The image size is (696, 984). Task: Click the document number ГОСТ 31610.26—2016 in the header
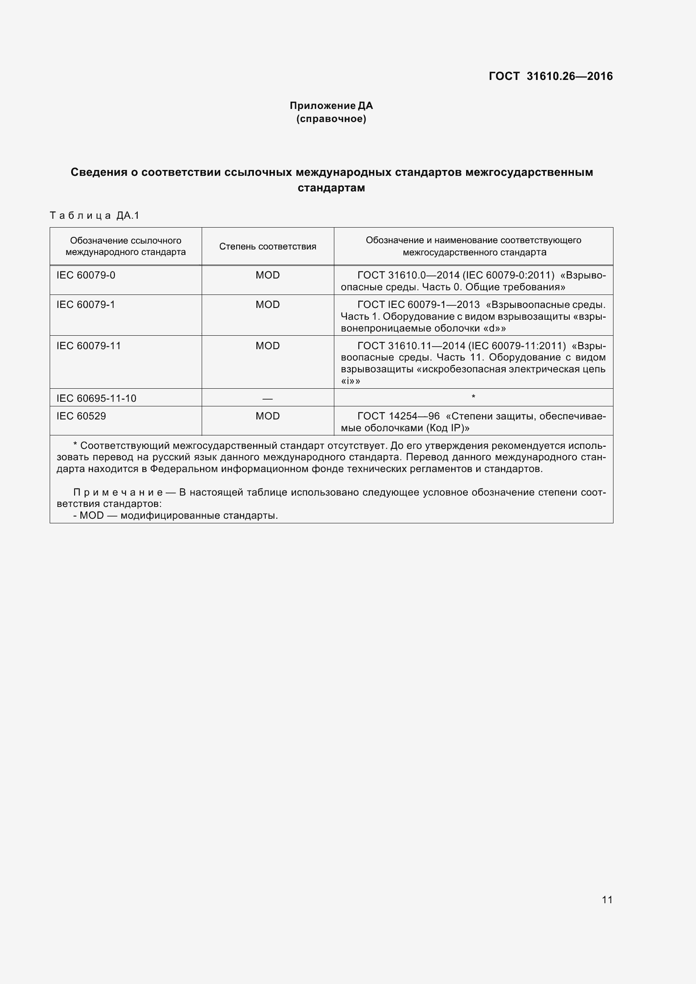[551, 76]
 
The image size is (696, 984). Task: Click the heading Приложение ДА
[331, 106]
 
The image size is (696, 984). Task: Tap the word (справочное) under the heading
[331, 119]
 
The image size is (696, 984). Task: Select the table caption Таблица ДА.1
[95, 215]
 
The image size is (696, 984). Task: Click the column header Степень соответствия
[268, 247]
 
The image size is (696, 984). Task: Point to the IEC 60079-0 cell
[86, 275]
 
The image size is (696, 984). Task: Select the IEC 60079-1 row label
[86, 305]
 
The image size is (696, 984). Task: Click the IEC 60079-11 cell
[89, 346]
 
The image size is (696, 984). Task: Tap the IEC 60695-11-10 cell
[96, 398]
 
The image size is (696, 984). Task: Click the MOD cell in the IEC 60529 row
[268, 416]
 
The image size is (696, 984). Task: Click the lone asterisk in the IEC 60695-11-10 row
[473, 397]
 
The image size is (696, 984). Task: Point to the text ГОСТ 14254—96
[398, 416]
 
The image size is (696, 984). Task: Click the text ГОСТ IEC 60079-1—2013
[419, 305]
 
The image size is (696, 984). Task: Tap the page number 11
[607, 899]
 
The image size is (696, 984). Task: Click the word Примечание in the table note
[118, 493]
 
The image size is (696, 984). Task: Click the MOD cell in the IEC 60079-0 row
[268, 275]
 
